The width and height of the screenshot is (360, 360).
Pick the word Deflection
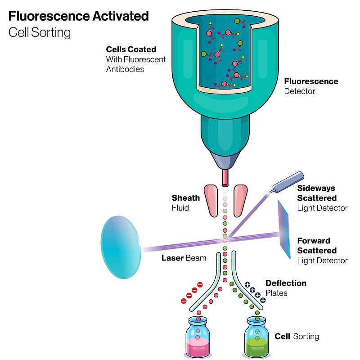click(286, 283)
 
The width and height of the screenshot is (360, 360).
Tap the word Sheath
click(185, 198)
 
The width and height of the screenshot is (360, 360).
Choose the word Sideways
click(316, 188)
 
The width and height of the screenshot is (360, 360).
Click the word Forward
click(314, 241)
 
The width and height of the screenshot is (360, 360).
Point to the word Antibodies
click(125, 69)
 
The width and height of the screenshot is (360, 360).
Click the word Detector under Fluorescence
click(300, 91)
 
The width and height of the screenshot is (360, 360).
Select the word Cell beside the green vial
click(282, 336)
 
